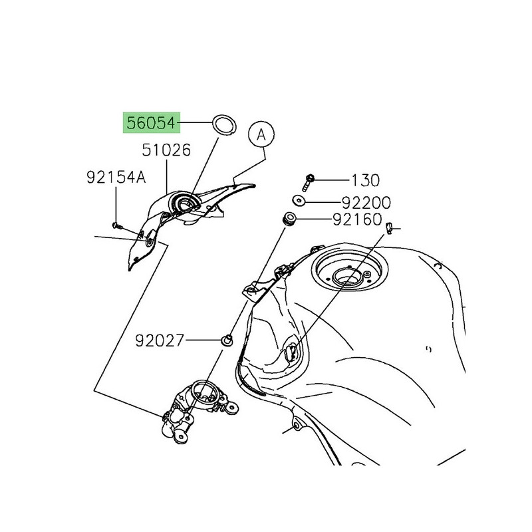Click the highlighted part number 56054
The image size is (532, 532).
[x=152, y=123]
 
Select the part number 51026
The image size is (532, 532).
[x=166, y=150]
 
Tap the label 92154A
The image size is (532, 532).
[x=116, y=178]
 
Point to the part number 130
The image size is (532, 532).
[x=365, y=180]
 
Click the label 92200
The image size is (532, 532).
[x=366, y=203]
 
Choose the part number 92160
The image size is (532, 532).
[x=357, y=219]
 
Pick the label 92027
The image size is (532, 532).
[x=160, y=340]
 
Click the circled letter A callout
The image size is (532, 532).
[x=261, y=135]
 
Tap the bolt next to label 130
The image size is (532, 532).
[x=308, y=183]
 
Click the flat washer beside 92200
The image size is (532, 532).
[x=299, y=201]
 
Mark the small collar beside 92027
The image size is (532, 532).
[x=227, y=340]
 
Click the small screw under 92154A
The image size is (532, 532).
[x=117, y=225]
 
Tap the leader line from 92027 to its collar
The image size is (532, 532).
[x=203, y=340]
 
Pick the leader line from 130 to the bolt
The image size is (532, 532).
[x=331, y=180]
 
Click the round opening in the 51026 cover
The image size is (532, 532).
[x=186, y=204]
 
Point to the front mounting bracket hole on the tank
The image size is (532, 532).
[x=253, y=290]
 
